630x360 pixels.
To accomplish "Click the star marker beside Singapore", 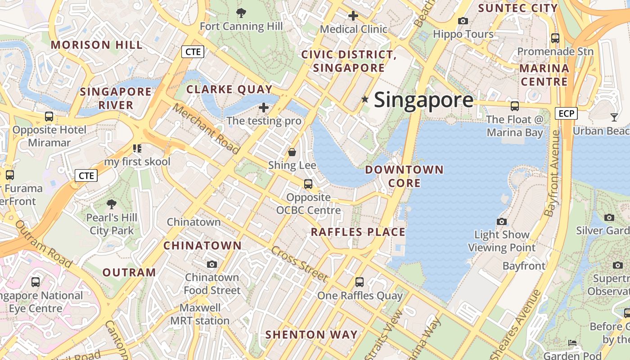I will [x=365, y=99].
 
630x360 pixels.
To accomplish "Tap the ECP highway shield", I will [x=566, y=113].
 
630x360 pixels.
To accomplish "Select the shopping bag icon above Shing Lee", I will [x=292, y=152].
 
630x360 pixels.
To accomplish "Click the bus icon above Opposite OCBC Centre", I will [x=308, y=184].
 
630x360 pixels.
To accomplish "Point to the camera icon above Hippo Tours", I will [x=463, y=21].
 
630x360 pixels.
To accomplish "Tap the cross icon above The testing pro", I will [x=264, y=108].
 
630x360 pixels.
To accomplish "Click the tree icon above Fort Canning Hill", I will [x=241, y=13].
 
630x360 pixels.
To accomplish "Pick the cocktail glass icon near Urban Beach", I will [x=614, y=117].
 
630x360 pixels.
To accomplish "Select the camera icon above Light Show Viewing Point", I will [x=502, y=221].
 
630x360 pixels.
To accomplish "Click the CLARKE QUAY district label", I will [x=229, y=89].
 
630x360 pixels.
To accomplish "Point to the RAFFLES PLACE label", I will [x=358, y=232].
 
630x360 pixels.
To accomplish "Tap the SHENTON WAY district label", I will [x=311, y=335].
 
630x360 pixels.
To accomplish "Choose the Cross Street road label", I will [x=299, y=265].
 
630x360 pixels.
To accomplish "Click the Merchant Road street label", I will [x=206, y=129].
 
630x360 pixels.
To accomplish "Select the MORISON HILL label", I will [x=97, y=45].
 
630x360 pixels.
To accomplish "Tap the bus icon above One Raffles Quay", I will [x=359, y=282].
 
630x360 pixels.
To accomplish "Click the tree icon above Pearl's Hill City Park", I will [x=112, y=204].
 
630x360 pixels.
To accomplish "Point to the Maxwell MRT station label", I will [x=200, y=315].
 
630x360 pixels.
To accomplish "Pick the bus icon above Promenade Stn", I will [x=555, y=38].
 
